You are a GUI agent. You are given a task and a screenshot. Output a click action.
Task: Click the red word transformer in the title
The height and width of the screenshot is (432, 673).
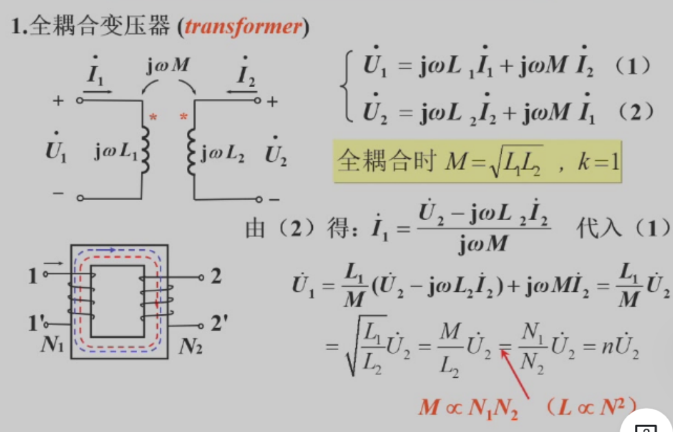point(243,27)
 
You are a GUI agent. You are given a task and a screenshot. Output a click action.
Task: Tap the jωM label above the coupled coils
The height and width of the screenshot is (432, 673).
point(167,66)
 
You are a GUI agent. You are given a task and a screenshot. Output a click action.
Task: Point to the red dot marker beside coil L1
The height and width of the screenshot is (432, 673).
point(153,117)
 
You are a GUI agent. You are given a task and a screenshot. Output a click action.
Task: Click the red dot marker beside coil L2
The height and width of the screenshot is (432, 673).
point(184,117)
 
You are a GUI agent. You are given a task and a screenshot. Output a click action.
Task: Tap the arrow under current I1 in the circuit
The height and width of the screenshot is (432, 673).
point(98,91)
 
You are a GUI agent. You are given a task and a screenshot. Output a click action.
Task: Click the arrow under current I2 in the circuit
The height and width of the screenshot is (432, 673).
point(242,91)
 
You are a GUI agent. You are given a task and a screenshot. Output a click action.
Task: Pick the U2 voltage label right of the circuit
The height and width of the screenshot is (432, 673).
point(275,151)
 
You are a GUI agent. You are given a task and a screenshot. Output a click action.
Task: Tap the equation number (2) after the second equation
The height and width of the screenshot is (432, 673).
point(636,112)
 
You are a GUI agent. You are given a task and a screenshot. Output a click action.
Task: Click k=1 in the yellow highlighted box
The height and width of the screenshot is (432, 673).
point(598,162)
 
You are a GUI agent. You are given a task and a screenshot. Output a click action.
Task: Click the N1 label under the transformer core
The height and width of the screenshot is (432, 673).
point(52,344)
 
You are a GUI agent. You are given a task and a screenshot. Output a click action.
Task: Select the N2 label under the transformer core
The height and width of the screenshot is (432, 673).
point(191,345)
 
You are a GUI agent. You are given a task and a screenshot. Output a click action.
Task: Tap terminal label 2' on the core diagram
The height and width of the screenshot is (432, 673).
point(219,323)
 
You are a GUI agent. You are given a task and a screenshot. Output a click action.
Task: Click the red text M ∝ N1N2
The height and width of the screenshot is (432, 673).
point(468,407)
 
